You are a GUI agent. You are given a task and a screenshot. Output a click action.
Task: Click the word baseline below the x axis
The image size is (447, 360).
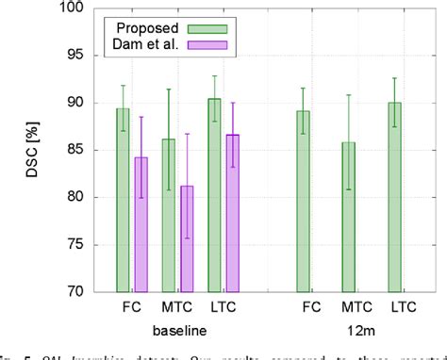(x=178, y=331)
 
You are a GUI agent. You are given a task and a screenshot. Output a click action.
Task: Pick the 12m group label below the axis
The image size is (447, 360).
(x=349, y=331)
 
